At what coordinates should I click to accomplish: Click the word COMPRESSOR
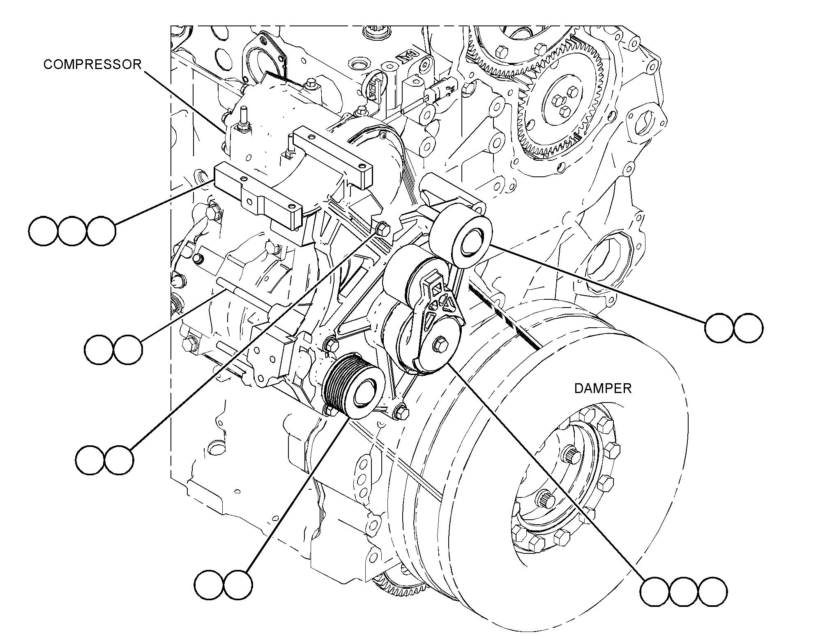[x=92, y=65]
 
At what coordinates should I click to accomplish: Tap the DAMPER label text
[x=603, y=388]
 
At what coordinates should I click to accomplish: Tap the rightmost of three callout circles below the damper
[x=712, y=592]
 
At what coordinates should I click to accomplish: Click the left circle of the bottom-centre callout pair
[x=209, y=584]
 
